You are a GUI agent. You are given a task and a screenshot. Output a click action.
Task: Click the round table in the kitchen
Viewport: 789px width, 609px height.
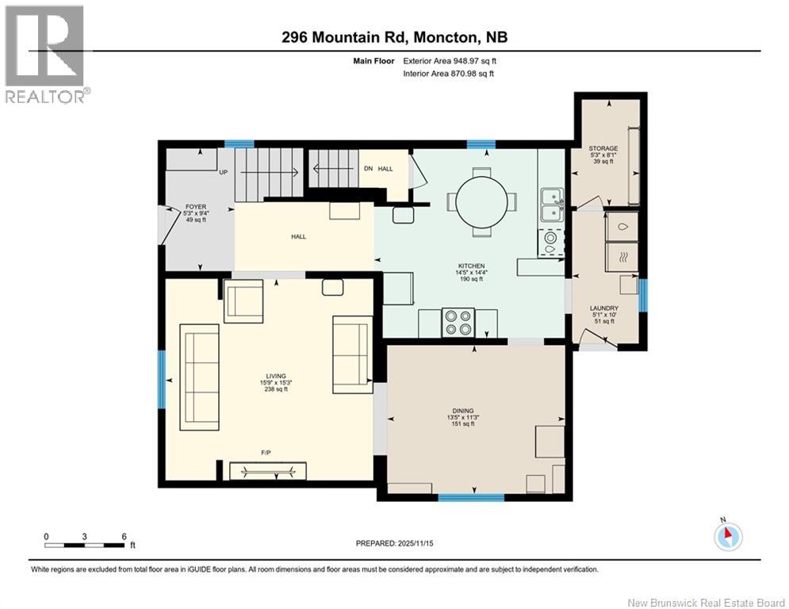(x=481, y=202)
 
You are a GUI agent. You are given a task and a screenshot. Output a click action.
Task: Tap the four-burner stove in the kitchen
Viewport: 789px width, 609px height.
(x=458, y=322)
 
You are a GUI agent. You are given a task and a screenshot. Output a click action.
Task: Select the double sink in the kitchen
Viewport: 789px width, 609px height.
(x=552, y=205)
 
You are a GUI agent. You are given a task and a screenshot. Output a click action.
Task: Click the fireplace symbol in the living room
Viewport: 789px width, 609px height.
(x=268, y=471)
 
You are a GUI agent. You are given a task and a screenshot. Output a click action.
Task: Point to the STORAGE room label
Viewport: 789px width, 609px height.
(x=603, y=148)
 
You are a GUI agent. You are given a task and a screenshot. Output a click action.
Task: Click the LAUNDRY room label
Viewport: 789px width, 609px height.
(x=603, y=308)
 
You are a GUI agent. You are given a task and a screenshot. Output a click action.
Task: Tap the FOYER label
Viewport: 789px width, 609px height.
(x=196, y=207)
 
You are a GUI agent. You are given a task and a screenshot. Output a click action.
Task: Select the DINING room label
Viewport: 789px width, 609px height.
(x=463, y=411)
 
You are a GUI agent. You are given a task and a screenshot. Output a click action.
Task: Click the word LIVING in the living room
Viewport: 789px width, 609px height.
(x=276, y=376)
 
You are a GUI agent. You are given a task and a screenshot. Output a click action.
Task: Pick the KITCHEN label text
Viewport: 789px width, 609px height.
(x=471, y=266)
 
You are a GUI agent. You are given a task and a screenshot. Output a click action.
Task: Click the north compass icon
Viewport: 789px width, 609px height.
(x=728, y=536)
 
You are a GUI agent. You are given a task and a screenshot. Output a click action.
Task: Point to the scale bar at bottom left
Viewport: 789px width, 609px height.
(x=85, y=545)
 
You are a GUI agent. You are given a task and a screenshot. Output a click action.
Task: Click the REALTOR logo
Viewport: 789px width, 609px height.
(x=46, y=54)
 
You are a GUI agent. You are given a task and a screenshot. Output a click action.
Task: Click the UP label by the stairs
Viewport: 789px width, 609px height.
(x=224, y=172)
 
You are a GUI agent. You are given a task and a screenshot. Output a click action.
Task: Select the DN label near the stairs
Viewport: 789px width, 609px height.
(x=369, y=169)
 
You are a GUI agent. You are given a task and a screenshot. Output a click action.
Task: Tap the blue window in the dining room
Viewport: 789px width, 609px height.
(x=471, y=497)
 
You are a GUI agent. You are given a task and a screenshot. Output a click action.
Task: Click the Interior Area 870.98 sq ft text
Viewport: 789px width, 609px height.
(x=448, y=74)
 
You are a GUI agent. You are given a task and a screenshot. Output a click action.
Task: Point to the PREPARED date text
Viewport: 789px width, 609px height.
(x=395, y=543)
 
